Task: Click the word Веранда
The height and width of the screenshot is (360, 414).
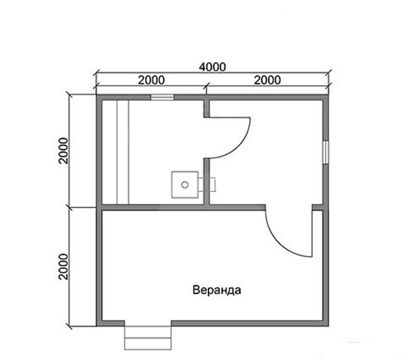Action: (x=216, y=290)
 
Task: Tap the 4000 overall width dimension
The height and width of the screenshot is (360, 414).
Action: (x=212, y=67)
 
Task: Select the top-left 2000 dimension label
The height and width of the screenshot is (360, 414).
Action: (x=151, y=80)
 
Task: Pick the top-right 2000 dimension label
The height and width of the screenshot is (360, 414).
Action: (x=267, y=80)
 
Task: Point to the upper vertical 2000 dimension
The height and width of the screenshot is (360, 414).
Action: (x=63, y=151)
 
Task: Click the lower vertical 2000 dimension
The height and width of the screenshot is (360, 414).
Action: (x=63, y=266)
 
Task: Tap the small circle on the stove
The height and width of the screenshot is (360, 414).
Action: (x=185, y=184)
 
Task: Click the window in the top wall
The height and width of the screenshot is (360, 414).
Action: (x=162, y=97)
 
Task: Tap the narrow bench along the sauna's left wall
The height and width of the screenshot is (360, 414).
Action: (x=123, y=152)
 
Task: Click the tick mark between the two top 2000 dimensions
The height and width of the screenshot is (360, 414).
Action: (x=207, y=85)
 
